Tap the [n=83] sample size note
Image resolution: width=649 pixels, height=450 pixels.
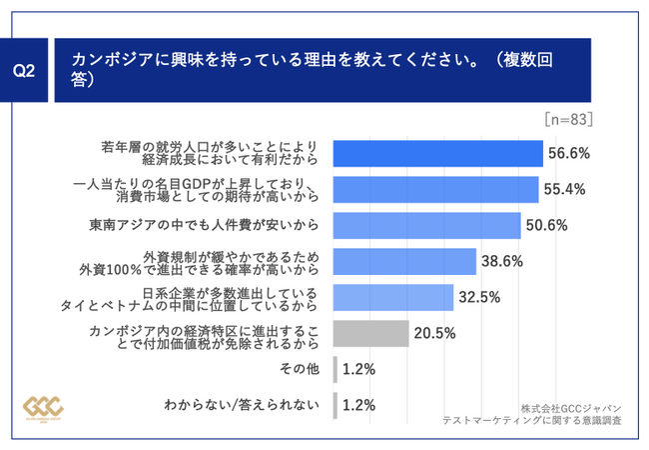point(569,119)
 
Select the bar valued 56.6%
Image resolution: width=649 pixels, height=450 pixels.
point(437,153)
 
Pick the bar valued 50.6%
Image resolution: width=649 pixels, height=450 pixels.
point(425,225)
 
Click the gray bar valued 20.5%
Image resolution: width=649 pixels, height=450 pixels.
point(369,333)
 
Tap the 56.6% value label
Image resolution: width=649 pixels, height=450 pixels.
point(567,153)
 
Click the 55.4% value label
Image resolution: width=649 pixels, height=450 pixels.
point(563,189)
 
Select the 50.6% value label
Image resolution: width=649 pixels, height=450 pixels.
point(546,225)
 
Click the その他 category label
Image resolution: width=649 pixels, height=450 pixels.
point(299,369)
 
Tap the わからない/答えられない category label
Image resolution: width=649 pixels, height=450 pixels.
point(242,405)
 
